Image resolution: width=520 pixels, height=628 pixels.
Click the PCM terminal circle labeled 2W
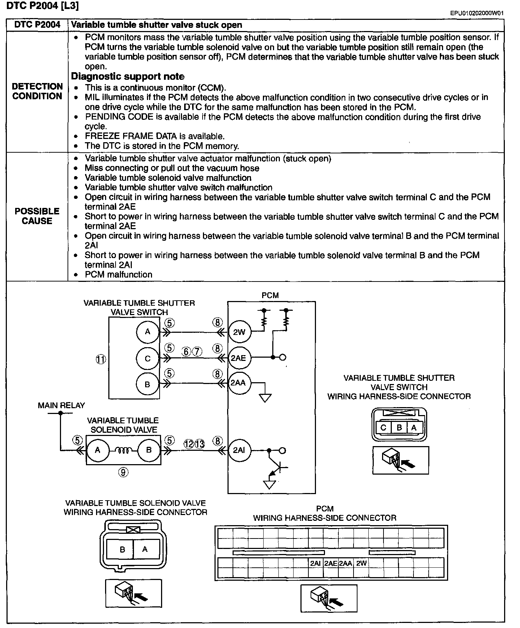(239, 332)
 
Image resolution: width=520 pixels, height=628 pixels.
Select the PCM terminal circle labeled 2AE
(238, 358)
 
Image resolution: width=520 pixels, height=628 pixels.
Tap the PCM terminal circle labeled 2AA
(238, 383)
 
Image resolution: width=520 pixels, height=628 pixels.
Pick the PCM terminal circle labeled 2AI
(239, 450)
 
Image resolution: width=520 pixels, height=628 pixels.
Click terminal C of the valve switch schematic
(147, 358)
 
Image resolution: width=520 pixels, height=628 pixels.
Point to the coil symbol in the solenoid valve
(123, 450)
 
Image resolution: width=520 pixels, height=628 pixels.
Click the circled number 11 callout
(101, 359)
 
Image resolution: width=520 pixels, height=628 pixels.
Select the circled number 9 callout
(123, 472)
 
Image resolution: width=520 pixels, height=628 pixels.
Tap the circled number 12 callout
(189, 444)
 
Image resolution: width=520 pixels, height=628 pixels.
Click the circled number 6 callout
(186, 351)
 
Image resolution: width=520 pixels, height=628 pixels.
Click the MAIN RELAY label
(61, 405)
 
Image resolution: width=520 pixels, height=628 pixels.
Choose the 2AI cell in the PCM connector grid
(315, 563)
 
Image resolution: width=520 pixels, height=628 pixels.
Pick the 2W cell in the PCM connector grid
(361, 563)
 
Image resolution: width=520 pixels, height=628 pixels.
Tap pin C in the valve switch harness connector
(383, 428)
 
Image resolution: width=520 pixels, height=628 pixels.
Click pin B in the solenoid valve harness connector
(122, 550)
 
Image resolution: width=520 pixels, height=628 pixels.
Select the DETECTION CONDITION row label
(37, 91)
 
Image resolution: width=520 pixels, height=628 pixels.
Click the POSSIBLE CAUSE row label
(37, 216)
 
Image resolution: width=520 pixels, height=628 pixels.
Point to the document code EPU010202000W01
(477, 13)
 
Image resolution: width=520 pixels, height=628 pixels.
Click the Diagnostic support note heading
(127, 77)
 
